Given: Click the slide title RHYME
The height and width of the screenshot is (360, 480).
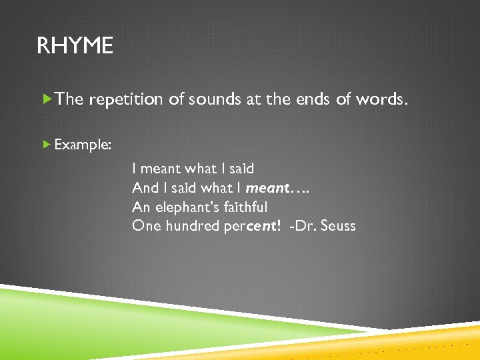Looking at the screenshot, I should [75, 46].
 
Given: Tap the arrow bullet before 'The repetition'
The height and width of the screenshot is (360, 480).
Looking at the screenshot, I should [46, 99].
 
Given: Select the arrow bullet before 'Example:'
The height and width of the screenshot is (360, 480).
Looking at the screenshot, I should [46, 143].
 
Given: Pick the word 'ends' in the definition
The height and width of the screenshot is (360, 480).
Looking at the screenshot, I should [311, 99].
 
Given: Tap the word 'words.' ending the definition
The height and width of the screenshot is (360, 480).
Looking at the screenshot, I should [379, 99].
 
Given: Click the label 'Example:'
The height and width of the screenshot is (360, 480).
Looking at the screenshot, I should [83, 144].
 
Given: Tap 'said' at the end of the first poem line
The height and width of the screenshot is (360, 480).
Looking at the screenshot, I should [241, 169].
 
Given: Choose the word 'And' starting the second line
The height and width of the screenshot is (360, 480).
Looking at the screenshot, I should [145, 188].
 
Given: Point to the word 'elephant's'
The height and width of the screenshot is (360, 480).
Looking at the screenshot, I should [183, 207].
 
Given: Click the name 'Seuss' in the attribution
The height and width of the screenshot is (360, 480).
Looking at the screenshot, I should [338, 226].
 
